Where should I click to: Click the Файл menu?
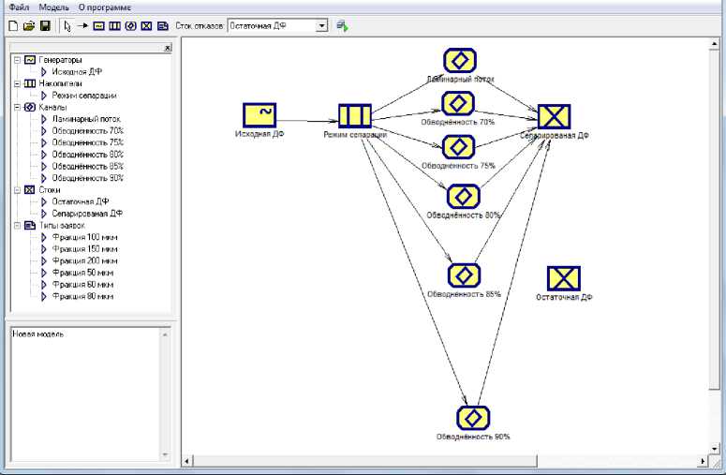coord(19,7)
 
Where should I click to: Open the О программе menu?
coord(104,7)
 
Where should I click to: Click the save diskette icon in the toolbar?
coord(44,26)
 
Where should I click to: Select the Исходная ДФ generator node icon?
coord(259,115)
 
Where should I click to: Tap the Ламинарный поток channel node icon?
coord(459,61)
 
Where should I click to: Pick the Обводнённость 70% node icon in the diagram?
coord(458,102)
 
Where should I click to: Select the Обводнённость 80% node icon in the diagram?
coord(463,196)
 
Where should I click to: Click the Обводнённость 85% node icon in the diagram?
coord(464,275)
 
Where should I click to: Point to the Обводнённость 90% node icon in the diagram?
coord(473,417)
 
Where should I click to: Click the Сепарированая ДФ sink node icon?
coord(555,116)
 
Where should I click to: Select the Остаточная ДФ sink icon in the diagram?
coord(563,278)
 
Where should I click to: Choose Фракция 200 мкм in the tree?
coord(84,260)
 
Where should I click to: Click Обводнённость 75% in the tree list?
coord(87,142)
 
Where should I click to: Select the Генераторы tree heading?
coord(60,61)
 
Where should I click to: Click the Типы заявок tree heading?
coord(62,225)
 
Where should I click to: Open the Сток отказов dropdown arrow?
coord(322,26)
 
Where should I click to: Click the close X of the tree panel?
coord(167,48)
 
